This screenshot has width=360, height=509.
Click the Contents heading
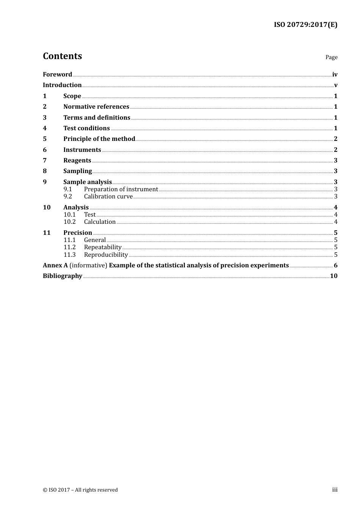62,56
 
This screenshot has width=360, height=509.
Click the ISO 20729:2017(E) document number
305,25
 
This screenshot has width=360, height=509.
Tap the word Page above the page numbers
331,57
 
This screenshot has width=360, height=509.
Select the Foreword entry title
57,74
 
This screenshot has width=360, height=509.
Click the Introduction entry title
62,85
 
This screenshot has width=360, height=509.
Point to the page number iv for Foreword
335,74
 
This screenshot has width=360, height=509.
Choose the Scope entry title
72,96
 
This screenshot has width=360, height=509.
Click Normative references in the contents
96,106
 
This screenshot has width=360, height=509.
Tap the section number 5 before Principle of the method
45,139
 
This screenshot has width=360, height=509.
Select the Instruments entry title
82,150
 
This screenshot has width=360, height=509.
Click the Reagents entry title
77,160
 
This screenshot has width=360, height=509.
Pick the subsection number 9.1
68,189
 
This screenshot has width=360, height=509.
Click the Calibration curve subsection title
108,196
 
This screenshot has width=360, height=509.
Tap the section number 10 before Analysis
47,207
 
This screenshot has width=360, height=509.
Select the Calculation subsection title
100,222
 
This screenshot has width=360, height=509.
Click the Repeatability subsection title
103,247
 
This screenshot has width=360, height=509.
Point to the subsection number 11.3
70,254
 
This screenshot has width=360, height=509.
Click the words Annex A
55,265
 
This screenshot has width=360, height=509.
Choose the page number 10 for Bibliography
333,276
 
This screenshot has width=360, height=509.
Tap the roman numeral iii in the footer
335,490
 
